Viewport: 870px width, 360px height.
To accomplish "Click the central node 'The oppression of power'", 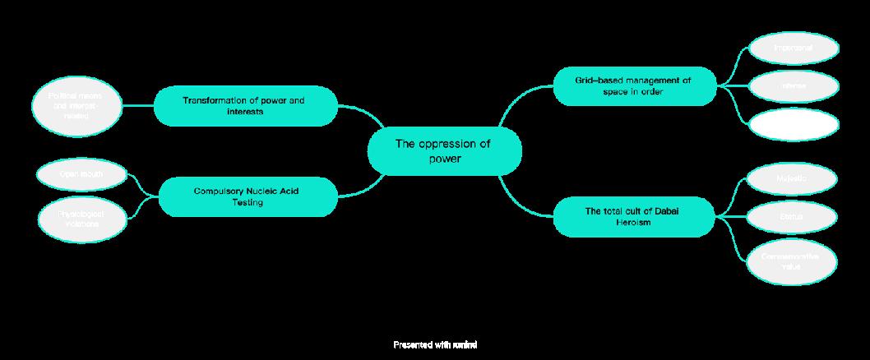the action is (x=444, y=151).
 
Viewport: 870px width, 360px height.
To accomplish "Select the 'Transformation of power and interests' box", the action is (x=244, y=106).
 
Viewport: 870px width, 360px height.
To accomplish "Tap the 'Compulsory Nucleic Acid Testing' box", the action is (x=248, y=196).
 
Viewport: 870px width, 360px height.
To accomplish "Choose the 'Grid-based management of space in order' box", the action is (x=633, y=86).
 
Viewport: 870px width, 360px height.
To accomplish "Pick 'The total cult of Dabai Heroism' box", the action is (x=633, y=217).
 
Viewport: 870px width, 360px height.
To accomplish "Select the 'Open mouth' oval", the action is (x=81, y=174).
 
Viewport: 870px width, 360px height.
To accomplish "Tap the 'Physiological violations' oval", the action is (x=81, y=219).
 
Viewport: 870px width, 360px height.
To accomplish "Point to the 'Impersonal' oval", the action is (x=794, y=48).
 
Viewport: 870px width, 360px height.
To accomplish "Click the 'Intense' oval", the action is (x=794, y=85).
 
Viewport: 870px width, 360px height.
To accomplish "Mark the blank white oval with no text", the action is (x=794, y=123).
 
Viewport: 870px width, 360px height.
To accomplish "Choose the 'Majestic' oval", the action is (x=792, y=178).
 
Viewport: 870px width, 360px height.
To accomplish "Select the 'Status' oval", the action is (x=792, y=217).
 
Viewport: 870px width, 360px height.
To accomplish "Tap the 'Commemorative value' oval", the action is (x=790, y=261).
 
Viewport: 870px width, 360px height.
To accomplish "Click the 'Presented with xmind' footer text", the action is (x=435, y=344).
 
